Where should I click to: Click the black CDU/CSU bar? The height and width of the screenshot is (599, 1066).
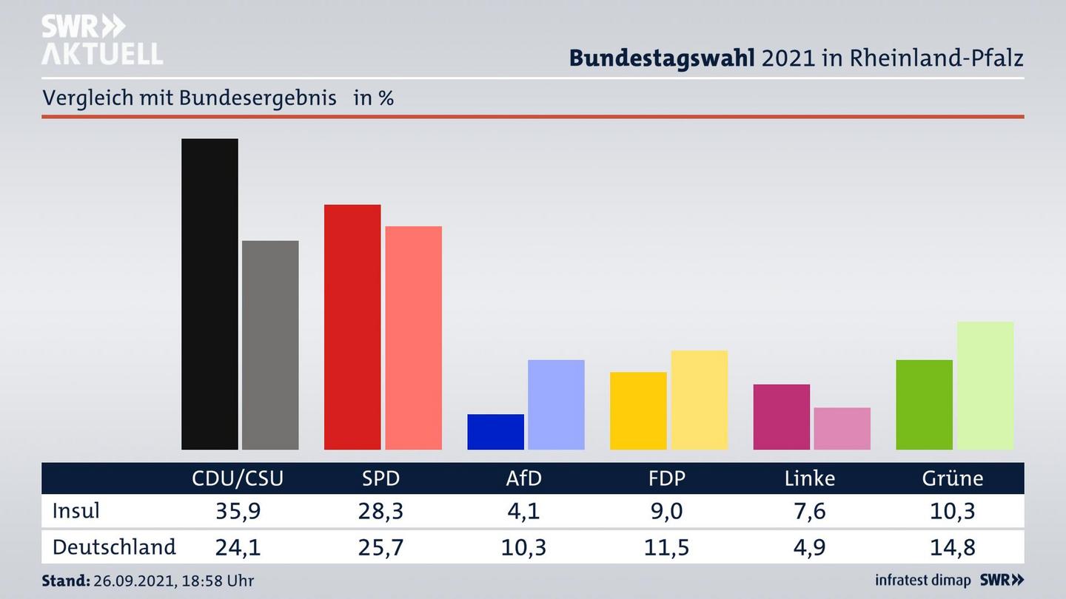209,294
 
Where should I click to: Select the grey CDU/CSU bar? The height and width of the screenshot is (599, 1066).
270,345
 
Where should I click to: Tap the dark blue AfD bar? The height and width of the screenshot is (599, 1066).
495,432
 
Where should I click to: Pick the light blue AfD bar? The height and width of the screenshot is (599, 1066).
556,405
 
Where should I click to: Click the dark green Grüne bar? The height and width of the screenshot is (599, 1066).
924,405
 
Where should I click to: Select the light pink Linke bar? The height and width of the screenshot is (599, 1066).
842,428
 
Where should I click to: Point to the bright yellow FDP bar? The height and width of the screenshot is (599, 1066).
638,410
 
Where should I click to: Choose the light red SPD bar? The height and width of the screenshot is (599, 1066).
413,337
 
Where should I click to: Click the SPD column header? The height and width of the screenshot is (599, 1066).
381,478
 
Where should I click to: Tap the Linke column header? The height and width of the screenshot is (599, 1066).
810,478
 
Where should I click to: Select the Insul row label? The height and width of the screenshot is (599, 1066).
76,511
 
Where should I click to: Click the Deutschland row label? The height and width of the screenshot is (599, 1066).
114,547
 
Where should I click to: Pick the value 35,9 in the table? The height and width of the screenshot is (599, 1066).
238,511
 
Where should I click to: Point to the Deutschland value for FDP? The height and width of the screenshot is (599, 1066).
667,547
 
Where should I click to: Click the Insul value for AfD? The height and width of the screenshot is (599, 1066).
523,511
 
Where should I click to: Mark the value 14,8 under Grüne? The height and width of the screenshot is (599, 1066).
953,547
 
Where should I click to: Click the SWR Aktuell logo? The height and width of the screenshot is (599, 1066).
101,40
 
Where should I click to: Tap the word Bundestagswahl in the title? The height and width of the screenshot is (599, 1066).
661,58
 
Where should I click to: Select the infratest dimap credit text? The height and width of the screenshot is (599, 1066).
922,581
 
